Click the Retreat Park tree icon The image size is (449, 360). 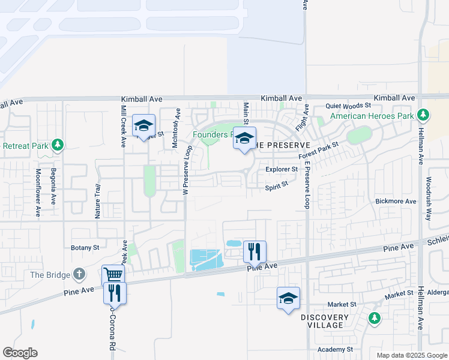(58, 145)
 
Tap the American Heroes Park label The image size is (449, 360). (372, 115)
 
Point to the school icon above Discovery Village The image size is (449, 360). (288, 298)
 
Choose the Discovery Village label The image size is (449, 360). (324, 321)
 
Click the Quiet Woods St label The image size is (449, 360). (348, 106)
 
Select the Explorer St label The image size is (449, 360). (282, 170)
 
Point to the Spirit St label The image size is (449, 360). (277, 187)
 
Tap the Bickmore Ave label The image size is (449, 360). (395, 202)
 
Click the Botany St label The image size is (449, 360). (85, 247)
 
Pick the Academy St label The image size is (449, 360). (336, 350)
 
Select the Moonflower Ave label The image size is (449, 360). (37, 192)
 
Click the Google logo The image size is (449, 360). (20, 353)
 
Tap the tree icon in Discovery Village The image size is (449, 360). (375, 317)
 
